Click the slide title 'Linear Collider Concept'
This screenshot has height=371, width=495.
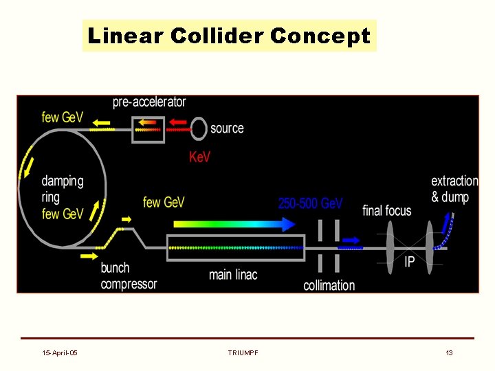pyautogui.click(x=230, y=36)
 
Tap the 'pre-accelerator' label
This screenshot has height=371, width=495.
pyautogui.click(x=149, y=102)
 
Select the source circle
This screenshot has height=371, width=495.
pyautogui.click(x=199, y=128)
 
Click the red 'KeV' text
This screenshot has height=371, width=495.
pyautogui.click(x=200, y=157)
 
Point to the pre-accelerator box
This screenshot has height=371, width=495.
pyautogui.click(x=148, y=128)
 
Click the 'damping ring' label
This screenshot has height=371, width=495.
pyautogui.click(x=63, y=189)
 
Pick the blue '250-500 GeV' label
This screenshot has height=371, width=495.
pyautogui.click(x=310, y=203)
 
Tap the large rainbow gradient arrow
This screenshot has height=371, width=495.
pyautogui.click(x=234, y=224)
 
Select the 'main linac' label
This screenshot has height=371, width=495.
pyautogui.click(x=233, y=275)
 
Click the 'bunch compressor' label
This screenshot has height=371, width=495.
pyautogui.click(x=129, y=276)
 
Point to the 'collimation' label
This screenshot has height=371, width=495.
pyautogui.click(x=329, y=285)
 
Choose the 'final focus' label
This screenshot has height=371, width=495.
pyautogui.click(x=387, y=210)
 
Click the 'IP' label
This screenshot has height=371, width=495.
pyautogui.click(x=410, y=262)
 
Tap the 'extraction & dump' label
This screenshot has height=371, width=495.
pyautogui.click(x=454, y=189)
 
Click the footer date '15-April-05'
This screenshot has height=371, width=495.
pyautogui.click(x=60, y=352)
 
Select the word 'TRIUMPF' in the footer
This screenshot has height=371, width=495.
pyautogui.click(x=243, y=352)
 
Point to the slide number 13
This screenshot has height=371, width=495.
pyautogui.click(x=449, y=352)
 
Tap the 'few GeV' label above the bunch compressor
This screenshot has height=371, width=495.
pyautogui.click(x=164, y=202)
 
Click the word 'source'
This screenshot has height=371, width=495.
pyautogui.click(x=227, y=128)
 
